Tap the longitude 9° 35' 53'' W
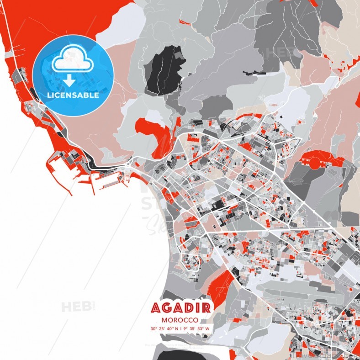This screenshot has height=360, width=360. (195, 328)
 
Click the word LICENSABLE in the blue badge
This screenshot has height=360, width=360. (73, 95)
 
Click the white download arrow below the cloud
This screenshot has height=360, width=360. (69, 80)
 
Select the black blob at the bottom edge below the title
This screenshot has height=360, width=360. (178, 355)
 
